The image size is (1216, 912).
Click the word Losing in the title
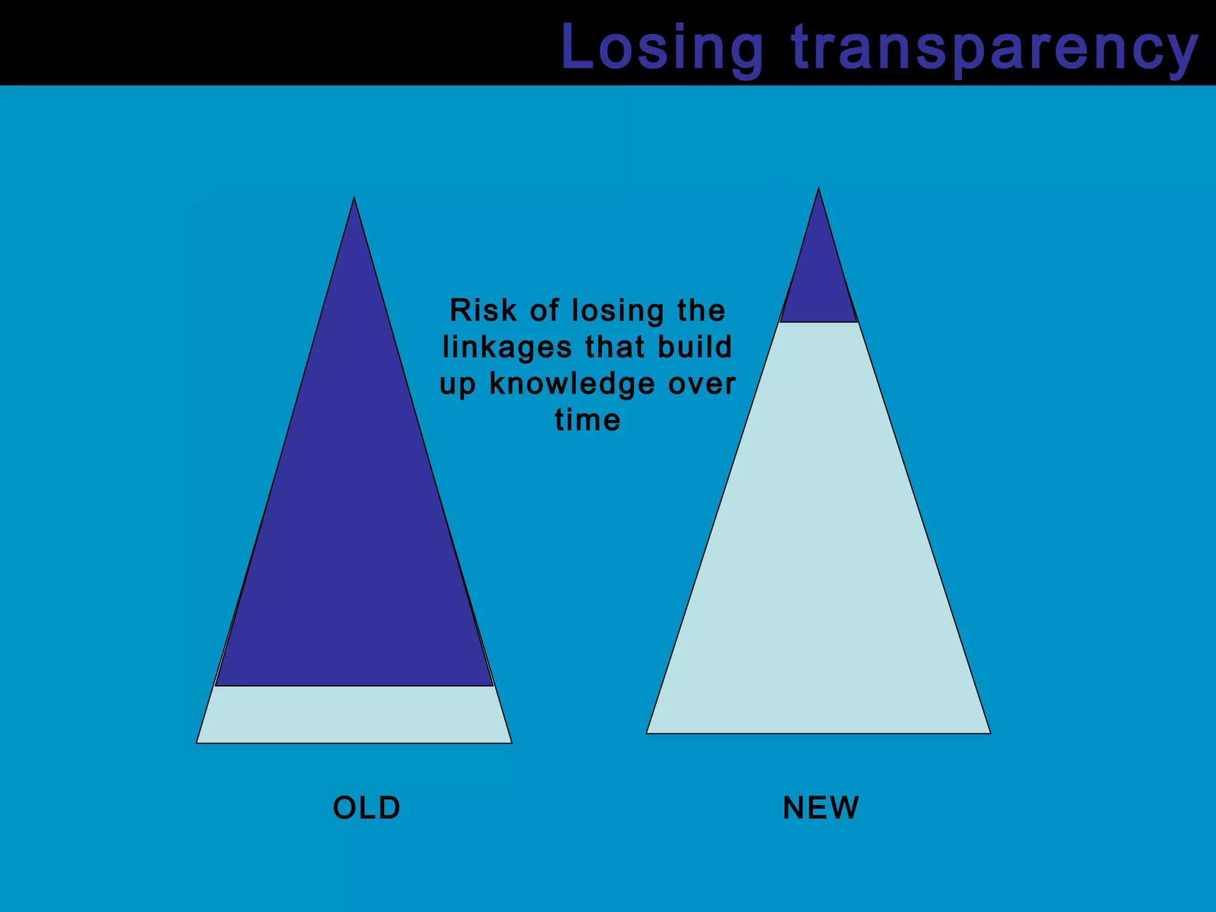pyautogui.click(x=662, y=47)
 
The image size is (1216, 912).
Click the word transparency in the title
pyautogui.click(x=995, y=47)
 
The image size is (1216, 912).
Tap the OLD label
pyautogui.click(x=366, y=807)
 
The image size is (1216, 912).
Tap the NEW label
pyautogui.click(x=821, y=807)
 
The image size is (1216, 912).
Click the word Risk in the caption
pyautogui.click(x=483, y=311)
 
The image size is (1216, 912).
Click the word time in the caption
pyautogui.click(x=588, y=420)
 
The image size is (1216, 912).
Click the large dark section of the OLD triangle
pyautogui.click(x=354, y=505)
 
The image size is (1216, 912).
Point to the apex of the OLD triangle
pyautogui.click(x=354, y=199)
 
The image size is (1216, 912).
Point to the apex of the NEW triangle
pyautogui.click(x=819, y=189)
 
